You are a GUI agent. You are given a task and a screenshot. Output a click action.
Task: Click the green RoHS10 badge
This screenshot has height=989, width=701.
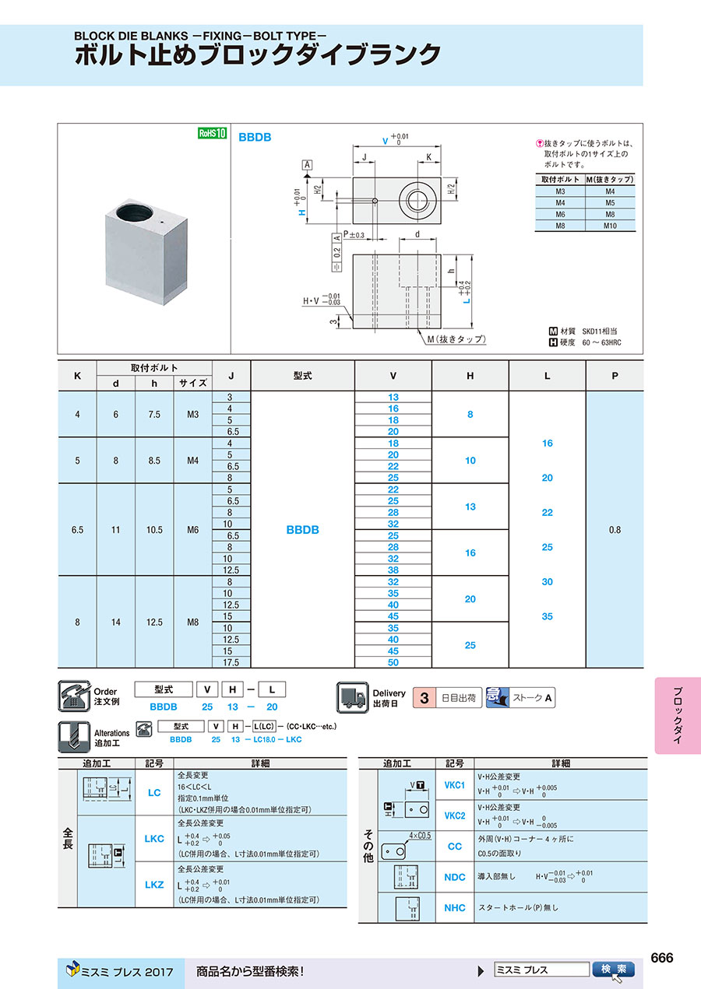(x=212, y=133)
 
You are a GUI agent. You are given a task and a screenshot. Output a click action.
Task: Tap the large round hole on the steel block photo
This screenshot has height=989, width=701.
(x=135, y=212)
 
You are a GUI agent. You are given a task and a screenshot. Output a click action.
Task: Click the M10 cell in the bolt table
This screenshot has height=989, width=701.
(x=610, y=226)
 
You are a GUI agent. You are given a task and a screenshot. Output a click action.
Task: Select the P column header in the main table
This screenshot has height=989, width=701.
(x=615, y=376)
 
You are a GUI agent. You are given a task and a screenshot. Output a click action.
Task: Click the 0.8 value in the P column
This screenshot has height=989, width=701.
(x=615, y=530)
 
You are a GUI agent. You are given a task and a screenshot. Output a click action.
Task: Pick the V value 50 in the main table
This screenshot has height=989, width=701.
(x=393, y=662)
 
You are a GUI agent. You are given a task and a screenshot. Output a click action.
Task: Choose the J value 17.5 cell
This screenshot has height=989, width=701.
(x=231, y=662)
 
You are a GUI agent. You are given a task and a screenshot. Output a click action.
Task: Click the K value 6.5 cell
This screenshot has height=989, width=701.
(x=77, y=530)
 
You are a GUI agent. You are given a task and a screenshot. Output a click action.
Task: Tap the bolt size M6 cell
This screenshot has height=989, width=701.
(x=192, y=530)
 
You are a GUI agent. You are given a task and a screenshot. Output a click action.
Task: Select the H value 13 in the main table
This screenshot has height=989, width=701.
(x=470, y=507)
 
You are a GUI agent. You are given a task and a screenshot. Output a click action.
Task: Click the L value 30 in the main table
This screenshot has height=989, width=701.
(x=548, y=582)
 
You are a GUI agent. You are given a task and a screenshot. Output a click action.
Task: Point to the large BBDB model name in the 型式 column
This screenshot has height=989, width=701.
(x=303, y=530)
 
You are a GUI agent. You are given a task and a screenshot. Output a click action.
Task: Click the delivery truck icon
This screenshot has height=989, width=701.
(x=352, y=698)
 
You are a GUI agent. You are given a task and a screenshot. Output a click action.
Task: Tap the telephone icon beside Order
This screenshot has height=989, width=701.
(x=74, y=696)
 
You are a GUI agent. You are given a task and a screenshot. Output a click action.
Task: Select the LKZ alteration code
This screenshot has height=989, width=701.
(x=154, y=885)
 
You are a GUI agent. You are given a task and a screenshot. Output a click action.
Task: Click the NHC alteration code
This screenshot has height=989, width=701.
(x=455, y=908)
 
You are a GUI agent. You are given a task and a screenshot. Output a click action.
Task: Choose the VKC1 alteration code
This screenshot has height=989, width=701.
(x=455, y=785)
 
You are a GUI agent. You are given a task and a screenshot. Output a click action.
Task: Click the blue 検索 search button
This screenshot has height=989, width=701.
(x=614, y=969)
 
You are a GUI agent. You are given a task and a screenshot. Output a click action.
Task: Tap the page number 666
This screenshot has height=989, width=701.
(x=661, y=958)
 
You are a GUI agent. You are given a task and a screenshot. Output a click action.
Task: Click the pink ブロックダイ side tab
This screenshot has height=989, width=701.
(x=678, y=715)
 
